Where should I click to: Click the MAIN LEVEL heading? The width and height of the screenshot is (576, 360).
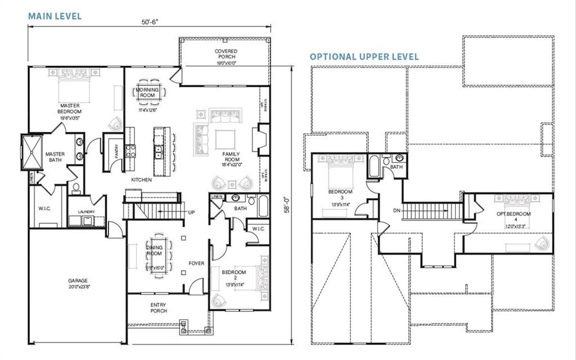55,16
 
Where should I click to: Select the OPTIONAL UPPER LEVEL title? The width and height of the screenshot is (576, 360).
364,57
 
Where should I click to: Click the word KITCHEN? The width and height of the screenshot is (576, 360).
141,179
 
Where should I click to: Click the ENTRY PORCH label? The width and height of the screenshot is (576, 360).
158,308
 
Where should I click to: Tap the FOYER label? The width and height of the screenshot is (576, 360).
196,263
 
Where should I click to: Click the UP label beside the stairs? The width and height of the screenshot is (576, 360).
191,213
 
